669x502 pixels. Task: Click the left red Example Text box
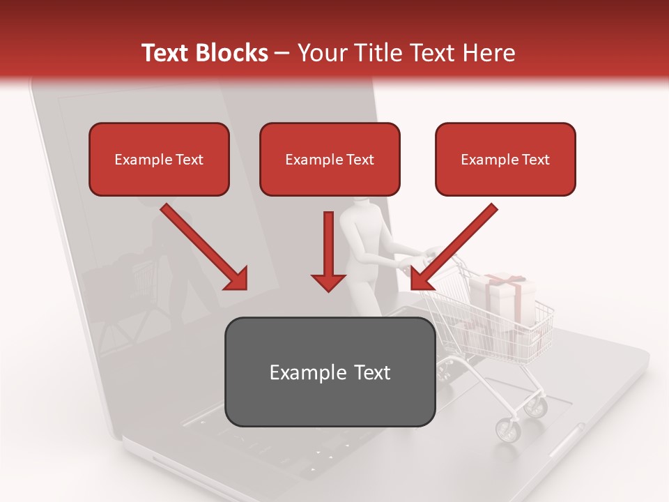point(159,159)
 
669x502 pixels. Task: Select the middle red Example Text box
point(330,159)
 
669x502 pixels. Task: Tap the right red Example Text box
point(505,159)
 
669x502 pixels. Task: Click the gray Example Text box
point(330,372)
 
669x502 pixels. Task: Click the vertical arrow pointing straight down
point(328,251)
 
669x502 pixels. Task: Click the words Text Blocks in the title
point(204,53)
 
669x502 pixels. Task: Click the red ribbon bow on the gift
point(506,280)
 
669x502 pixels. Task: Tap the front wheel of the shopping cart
point(508,429)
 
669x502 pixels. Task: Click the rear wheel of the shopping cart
point(537,405)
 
